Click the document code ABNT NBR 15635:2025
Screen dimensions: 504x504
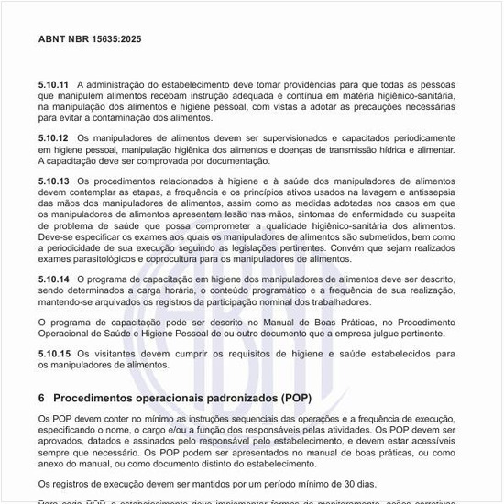(90, 40)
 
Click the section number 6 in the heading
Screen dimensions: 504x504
(42, 399)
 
